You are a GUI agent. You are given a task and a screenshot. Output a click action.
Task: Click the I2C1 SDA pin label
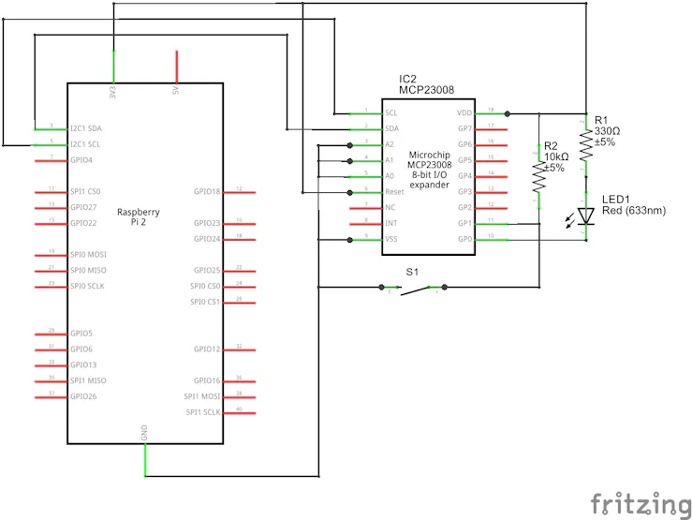pyautogui.click(x=86, y=128)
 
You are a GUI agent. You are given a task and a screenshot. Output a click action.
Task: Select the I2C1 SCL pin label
pyautogui.click(x=86, y=144)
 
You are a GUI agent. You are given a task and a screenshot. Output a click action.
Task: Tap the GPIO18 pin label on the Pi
pyautogui.click(x=207, y=191)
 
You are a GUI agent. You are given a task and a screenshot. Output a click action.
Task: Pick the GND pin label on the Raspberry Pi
pyautogui.click(x=144, y=432)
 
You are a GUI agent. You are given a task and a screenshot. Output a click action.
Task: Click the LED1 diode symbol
pyautogui.click(x=586, y=215)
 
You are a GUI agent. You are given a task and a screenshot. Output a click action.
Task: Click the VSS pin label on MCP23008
pyautogui.click(x=391, y=239)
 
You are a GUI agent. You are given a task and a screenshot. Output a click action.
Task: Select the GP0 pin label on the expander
pyautogui.click(x=463, y=239)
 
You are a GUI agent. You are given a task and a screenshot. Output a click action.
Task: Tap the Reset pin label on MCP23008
pyautogui.click(x=394, y=191)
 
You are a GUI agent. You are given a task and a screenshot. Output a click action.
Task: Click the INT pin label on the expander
pyautogui.click(x=390, y=223)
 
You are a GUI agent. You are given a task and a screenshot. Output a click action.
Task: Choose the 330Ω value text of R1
pyautogui.click(x=608, y=131)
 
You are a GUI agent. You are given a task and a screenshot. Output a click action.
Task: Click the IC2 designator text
pyautogui.click(x=407, y=79)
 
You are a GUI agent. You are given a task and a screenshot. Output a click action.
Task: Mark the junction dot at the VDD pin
pyautogui.click(x=508, y=112)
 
